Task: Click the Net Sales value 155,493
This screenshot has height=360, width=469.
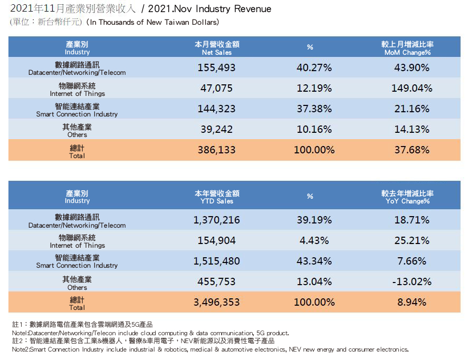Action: [x=216, y=67]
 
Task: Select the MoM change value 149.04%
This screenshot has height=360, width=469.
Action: [x=411, y=88]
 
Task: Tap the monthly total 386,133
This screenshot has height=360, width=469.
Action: [x=216, y=150]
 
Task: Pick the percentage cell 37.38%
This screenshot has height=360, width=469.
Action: [x=314, y=109]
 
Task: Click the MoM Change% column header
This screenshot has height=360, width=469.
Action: [x=407, y=48]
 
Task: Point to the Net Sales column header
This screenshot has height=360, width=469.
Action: [x=217, y=48]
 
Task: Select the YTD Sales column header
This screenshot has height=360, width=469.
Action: [x=217, y=197]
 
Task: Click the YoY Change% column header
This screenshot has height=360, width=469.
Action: [x=407, y=197]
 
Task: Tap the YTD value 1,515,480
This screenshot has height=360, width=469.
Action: [x=216, y=261]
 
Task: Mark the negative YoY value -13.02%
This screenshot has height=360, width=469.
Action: [x=411, y=281]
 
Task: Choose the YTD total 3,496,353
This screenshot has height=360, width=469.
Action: [x=216, y=302]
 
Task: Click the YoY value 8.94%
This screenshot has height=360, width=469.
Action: [x=411, y=302]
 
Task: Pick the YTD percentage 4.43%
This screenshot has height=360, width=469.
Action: [x=314, y=240]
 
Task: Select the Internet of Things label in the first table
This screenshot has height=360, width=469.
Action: [x=77, y=89]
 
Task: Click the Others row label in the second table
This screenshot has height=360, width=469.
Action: [x=77, y=283]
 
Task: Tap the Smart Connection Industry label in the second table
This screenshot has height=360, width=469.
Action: [x=77, y=261]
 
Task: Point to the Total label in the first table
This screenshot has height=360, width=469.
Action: [x=77, y=152]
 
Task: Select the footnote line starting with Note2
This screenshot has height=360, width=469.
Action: [x=210, y=349]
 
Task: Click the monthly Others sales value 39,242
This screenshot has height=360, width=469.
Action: [x=216, y=129]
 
